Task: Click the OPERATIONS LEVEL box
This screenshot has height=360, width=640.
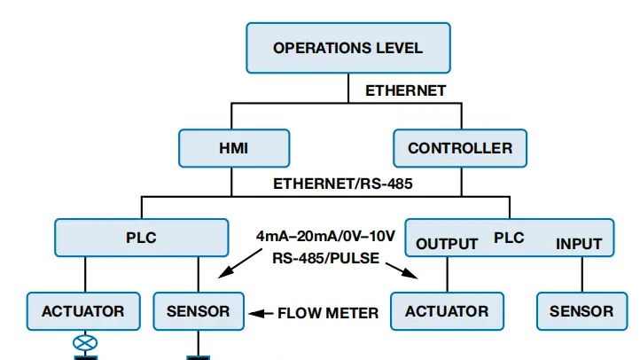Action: pyautogui.click(x=348, y=48)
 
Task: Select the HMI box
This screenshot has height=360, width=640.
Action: pyautogui.click(x=233, y=148)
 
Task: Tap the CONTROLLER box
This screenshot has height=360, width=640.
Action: pyautogui.click(x=459, y=148)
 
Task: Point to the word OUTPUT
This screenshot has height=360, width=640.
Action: pyautogui.click(x=447, y=244)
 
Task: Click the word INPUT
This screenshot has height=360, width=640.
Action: pyautogui.click(x=578, y=244)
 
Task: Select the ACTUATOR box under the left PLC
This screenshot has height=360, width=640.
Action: pyautogui.click(x=82, y=311)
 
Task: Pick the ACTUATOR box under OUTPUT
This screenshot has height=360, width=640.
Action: pyautogui.click(x=446, y=311)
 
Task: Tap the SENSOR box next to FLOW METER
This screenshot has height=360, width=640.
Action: pyautogui.click(x=198, y=311)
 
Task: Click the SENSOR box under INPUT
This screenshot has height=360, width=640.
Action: pyautogui.click(x=581, y=311)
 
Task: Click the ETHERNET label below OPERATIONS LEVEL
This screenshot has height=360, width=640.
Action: pyautogui.click(x=405, y=91)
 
